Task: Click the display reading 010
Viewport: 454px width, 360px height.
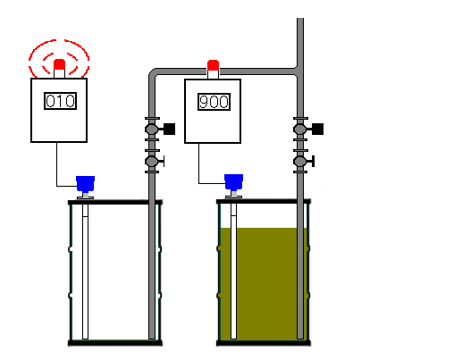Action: point(60,101)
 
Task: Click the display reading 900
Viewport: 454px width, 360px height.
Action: point(214,102)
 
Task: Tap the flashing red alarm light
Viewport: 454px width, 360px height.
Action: point(59,64)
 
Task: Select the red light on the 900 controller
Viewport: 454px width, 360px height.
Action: point(213,65)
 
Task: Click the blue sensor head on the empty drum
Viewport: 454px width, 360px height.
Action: point(85,184)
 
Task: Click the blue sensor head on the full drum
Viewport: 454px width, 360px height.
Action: point(233,182)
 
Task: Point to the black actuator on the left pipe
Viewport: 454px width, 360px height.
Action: point(170,129)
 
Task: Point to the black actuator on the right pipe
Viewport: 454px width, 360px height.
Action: point(318,129)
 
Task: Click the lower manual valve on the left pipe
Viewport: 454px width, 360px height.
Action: point(154,162)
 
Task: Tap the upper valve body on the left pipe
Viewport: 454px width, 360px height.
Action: point(152,129)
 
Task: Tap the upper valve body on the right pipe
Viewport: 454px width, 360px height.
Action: point(300,129)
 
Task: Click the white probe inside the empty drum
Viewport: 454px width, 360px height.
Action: point(85,272)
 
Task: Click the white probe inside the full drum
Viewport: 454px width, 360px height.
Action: point(233,272)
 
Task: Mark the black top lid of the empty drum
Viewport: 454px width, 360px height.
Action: point(115,203)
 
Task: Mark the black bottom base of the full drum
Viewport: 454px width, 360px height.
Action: point(264,343)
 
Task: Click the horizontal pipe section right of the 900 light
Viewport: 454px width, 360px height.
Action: point(257,71)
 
